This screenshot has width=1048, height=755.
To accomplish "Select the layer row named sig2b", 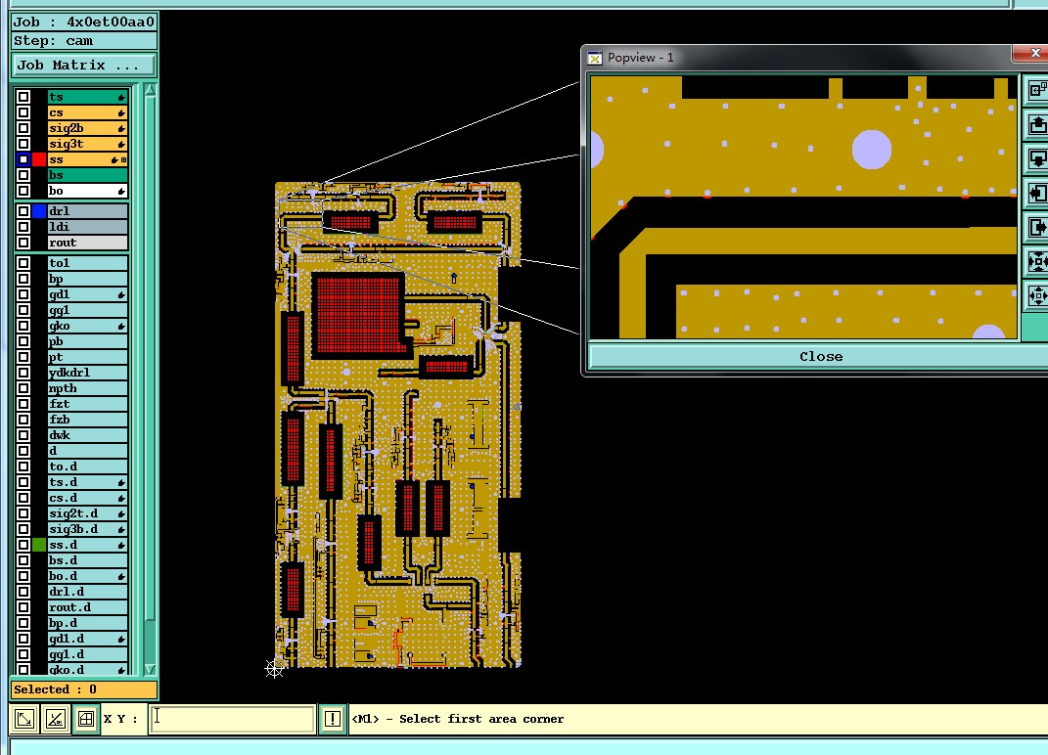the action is point(87,128).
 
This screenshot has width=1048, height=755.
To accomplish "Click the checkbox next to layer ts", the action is point(23,97).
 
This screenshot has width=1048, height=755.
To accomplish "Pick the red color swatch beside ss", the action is point(39,159).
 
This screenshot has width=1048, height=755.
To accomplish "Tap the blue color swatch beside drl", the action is point(39,211).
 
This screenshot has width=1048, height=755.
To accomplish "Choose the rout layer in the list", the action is point(87,243).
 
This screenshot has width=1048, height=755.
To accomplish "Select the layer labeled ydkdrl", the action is point(87,373).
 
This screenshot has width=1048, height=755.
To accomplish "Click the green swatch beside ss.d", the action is point(39,545).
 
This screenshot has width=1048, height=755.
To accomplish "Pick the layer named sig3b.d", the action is point(87,529).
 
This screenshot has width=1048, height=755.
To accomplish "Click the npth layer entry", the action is point(87,388).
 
